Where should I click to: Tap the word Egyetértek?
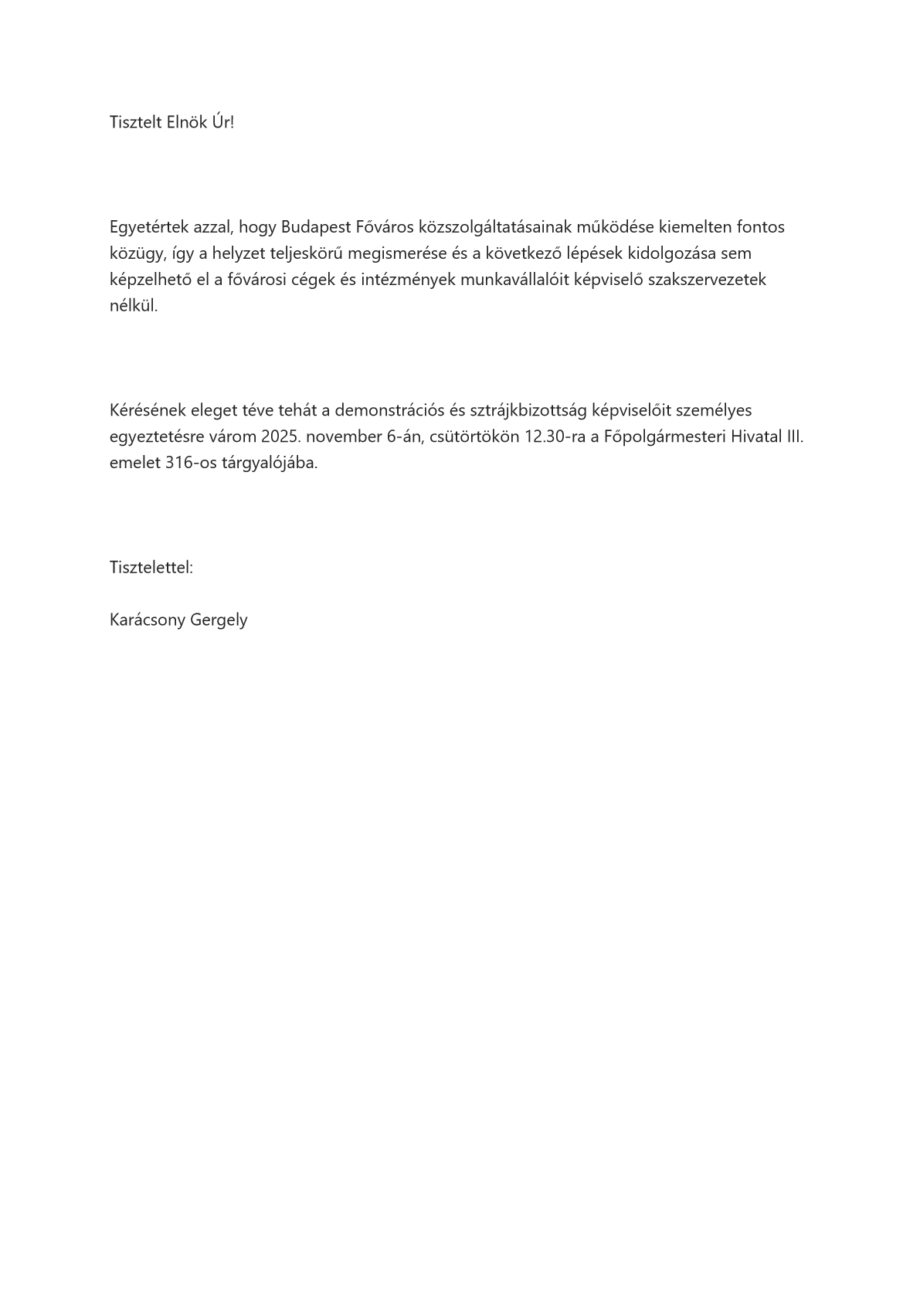(x=149, y=227)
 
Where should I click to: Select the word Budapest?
(x=313, y=227)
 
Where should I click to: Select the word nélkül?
(x=134, y=306)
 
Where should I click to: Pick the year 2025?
(x=281, y=436)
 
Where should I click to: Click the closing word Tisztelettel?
(x=151, y=568)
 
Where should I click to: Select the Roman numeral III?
(x=793, y=436)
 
